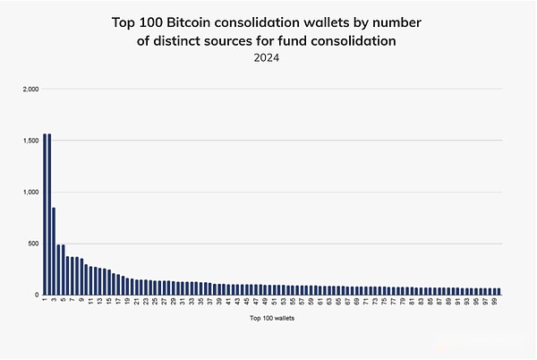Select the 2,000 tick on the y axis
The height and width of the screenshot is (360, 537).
30,90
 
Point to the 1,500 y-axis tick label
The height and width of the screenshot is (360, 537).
30,141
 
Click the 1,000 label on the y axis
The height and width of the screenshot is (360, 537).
30,192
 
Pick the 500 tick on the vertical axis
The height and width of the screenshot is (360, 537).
33,243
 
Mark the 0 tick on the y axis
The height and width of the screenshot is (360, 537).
37,295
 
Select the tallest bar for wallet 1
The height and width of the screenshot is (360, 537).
44,214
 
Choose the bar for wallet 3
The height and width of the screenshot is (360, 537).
54,251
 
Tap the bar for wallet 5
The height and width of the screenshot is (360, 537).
63,270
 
